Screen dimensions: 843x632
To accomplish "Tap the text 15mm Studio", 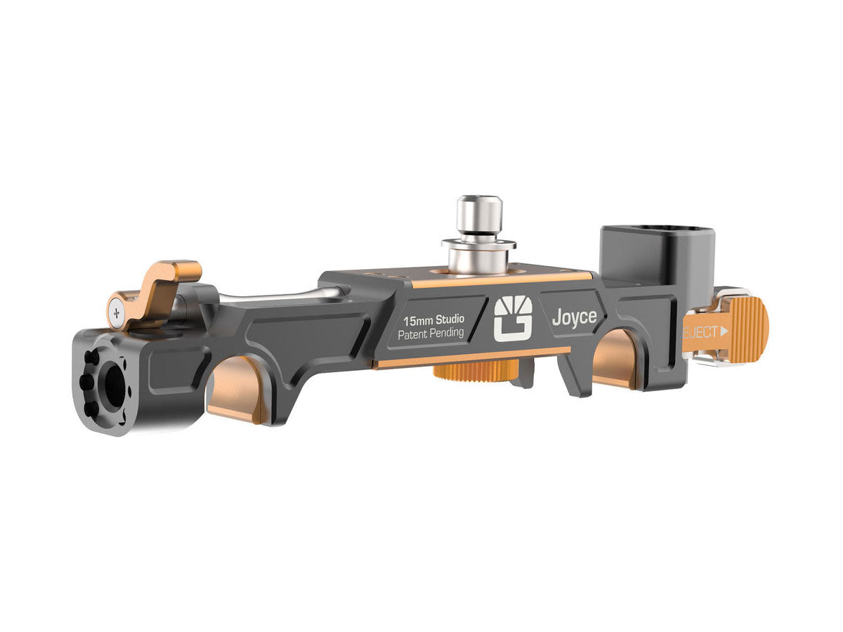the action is [433, 320].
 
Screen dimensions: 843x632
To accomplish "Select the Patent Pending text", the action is [431, 334].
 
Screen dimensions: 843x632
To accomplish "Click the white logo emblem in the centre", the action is [513, 319].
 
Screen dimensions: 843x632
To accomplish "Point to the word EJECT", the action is [700, 332].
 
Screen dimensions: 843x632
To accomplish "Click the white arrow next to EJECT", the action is [724, 331].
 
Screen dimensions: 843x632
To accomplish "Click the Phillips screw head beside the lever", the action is [117, 312].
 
